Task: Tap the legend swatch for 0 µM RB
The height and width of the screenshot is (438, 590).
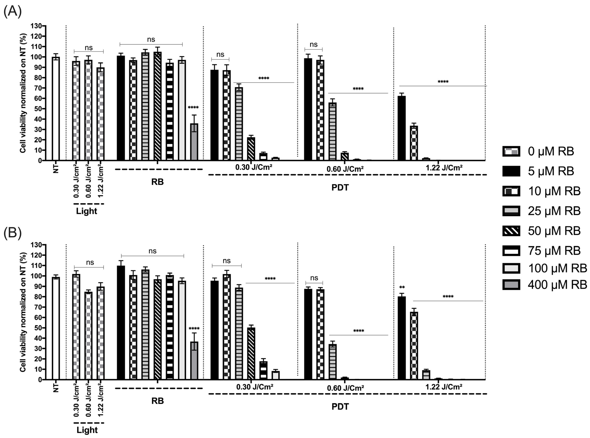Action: click(511, 151)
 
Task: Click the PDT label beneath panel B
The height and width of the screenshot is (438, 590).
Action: click(340, 407)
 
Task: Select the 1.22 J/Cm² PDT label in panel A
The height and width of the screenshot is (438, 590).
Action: click(444, 168)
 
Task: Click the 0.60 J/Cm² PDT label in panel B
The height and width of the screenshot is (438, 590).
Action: click(345, 388)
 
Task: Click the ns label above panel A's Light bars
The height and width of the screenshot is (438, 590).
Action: click(89, 48)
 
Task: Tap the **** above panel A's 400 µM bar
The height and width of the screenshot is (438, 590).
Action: click(193, 108)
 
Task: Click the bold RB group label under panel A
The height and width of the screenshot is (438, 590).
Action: click(157, 182)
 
